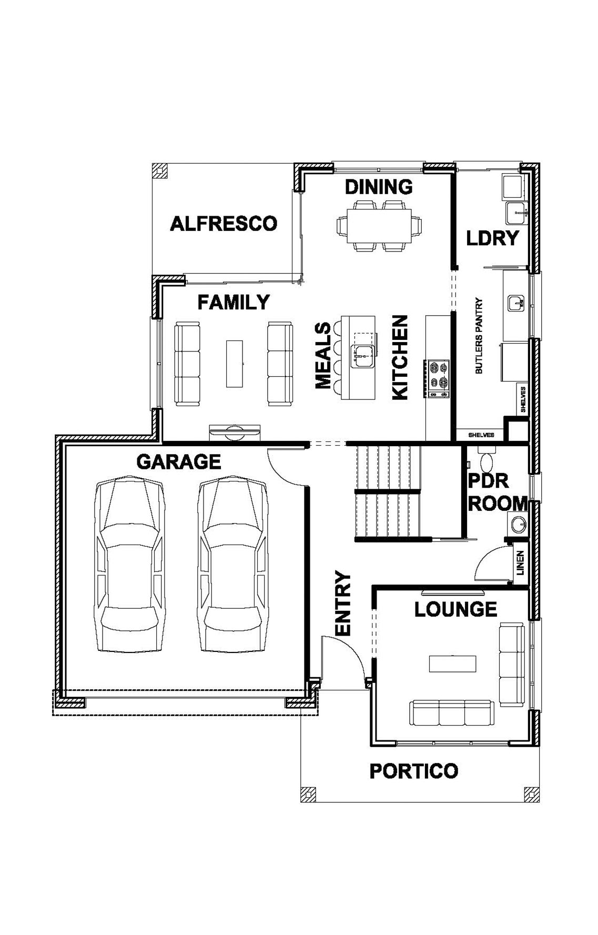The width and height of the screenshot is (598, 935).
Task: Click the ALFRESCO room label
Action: pos(224,224)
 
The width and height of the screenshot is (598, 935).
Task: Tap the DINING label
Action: pos(379,187)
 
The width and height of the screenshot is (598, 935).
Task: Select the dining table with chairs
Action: pos(379,226)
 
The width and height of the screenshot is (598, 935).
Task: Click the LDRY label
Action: pos(493,238)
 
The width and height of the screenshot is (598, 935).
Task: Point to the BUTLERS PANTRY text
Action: pos(479,336)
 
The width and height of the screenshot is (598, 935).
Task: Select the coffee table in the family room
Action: pos(235,364)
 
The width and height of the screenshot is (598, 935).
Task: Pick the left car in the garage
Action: pos(129,564)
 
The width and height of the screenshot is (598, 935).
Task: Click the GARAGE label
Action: pos(179,462)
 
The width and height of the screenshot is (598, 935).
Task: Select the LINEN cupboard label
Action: pos(520,564)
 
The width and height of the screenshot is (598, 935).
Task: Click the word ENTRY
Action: pos(343,604)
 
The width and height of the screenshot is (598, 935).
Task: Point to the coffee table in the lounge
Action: pos(453,663)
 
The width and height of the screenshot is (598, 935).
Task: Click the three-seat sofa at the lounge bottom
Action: pos(452,713)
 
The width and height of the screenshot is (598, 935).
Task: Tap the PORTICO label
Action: pos(414,771)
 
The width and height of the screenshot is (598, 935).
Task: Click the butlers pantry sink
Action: pos(515,303)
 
